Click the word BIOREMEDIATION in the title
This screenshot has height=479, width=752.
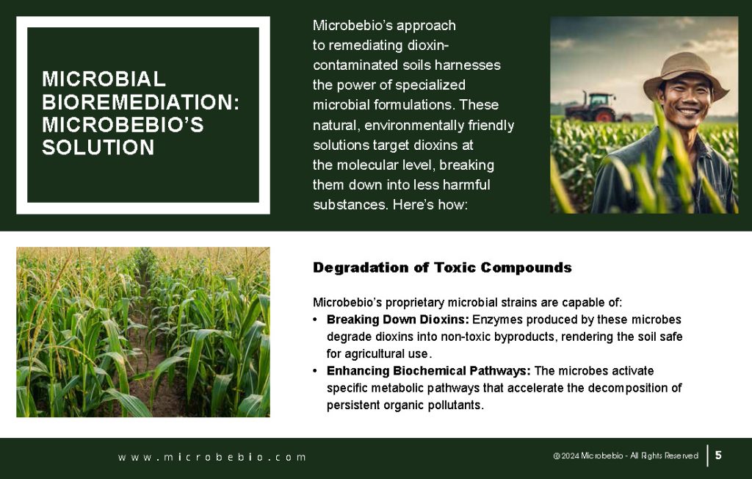[140, 102]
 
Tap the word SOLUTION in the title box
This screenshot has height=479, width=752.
[98, 148]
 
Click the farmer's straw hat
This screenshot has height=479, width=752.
[686, 74]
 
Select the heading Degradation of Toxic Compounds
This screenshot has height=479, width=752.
[442, 267]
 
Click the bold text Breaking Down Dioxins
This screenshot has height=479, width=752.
[397, 319]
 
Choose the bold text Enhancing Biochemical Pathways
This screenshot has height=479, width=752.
[429, 370]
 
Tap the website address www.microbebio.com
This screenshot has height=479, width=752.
[212, 457]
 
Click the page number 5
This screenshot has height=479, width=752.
[718, 455]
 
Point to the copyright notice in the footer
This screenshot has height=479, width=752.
[626, 455]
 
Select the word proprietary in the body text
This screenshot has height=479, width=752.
[415, 303]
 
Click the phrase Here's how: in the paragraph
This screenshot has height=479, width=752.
[430, 204]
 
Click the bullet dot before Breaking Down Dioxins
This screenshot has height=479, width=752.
[315, 320]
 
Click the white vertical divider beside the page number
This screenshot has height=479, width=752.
[707, 455]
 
